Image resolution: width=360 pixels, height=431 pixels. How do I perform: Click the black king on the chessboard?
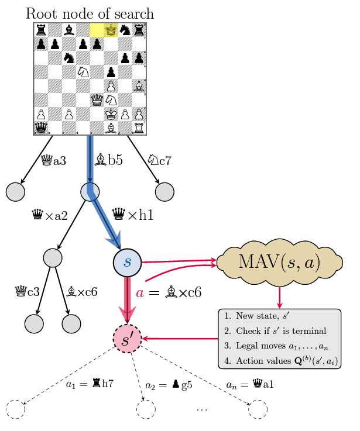(x=111, y=29)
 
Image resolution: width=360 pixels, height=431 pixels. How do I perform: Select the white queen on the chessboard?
(x=96, y=99)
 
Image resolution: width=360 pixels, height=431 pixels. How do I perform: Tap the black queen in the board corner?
(x=41, y=127)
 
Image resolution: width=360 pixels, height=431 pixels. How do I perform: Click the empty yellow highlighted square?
(x=97, y=29)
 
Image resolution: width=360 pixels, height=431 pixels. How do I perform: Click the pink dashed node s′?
(x=128, y=339)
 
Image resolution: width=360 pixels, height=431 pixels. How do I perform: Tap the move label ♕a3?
(x=54, y=159)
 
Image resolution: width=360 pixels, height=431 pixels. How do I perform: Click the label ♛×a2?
(x=49, y=216)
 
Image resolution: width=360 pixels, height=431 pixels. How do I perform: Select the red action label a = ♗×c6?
(x=169, y=292)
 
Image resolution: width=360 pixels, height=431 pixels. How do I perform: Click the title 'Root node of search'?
(x=90, y=13)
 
